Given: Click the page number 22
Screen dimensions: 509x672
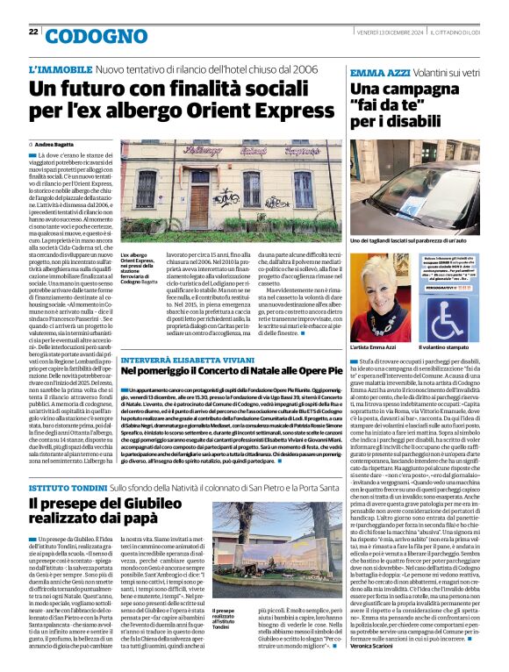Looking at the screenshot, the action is [33, 32].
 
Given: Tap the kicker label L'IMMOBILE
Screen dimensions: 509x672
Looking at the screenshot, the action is [59, 68].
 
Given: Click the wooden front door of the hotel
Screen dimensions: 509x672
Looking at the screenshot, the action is [199, 203].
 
